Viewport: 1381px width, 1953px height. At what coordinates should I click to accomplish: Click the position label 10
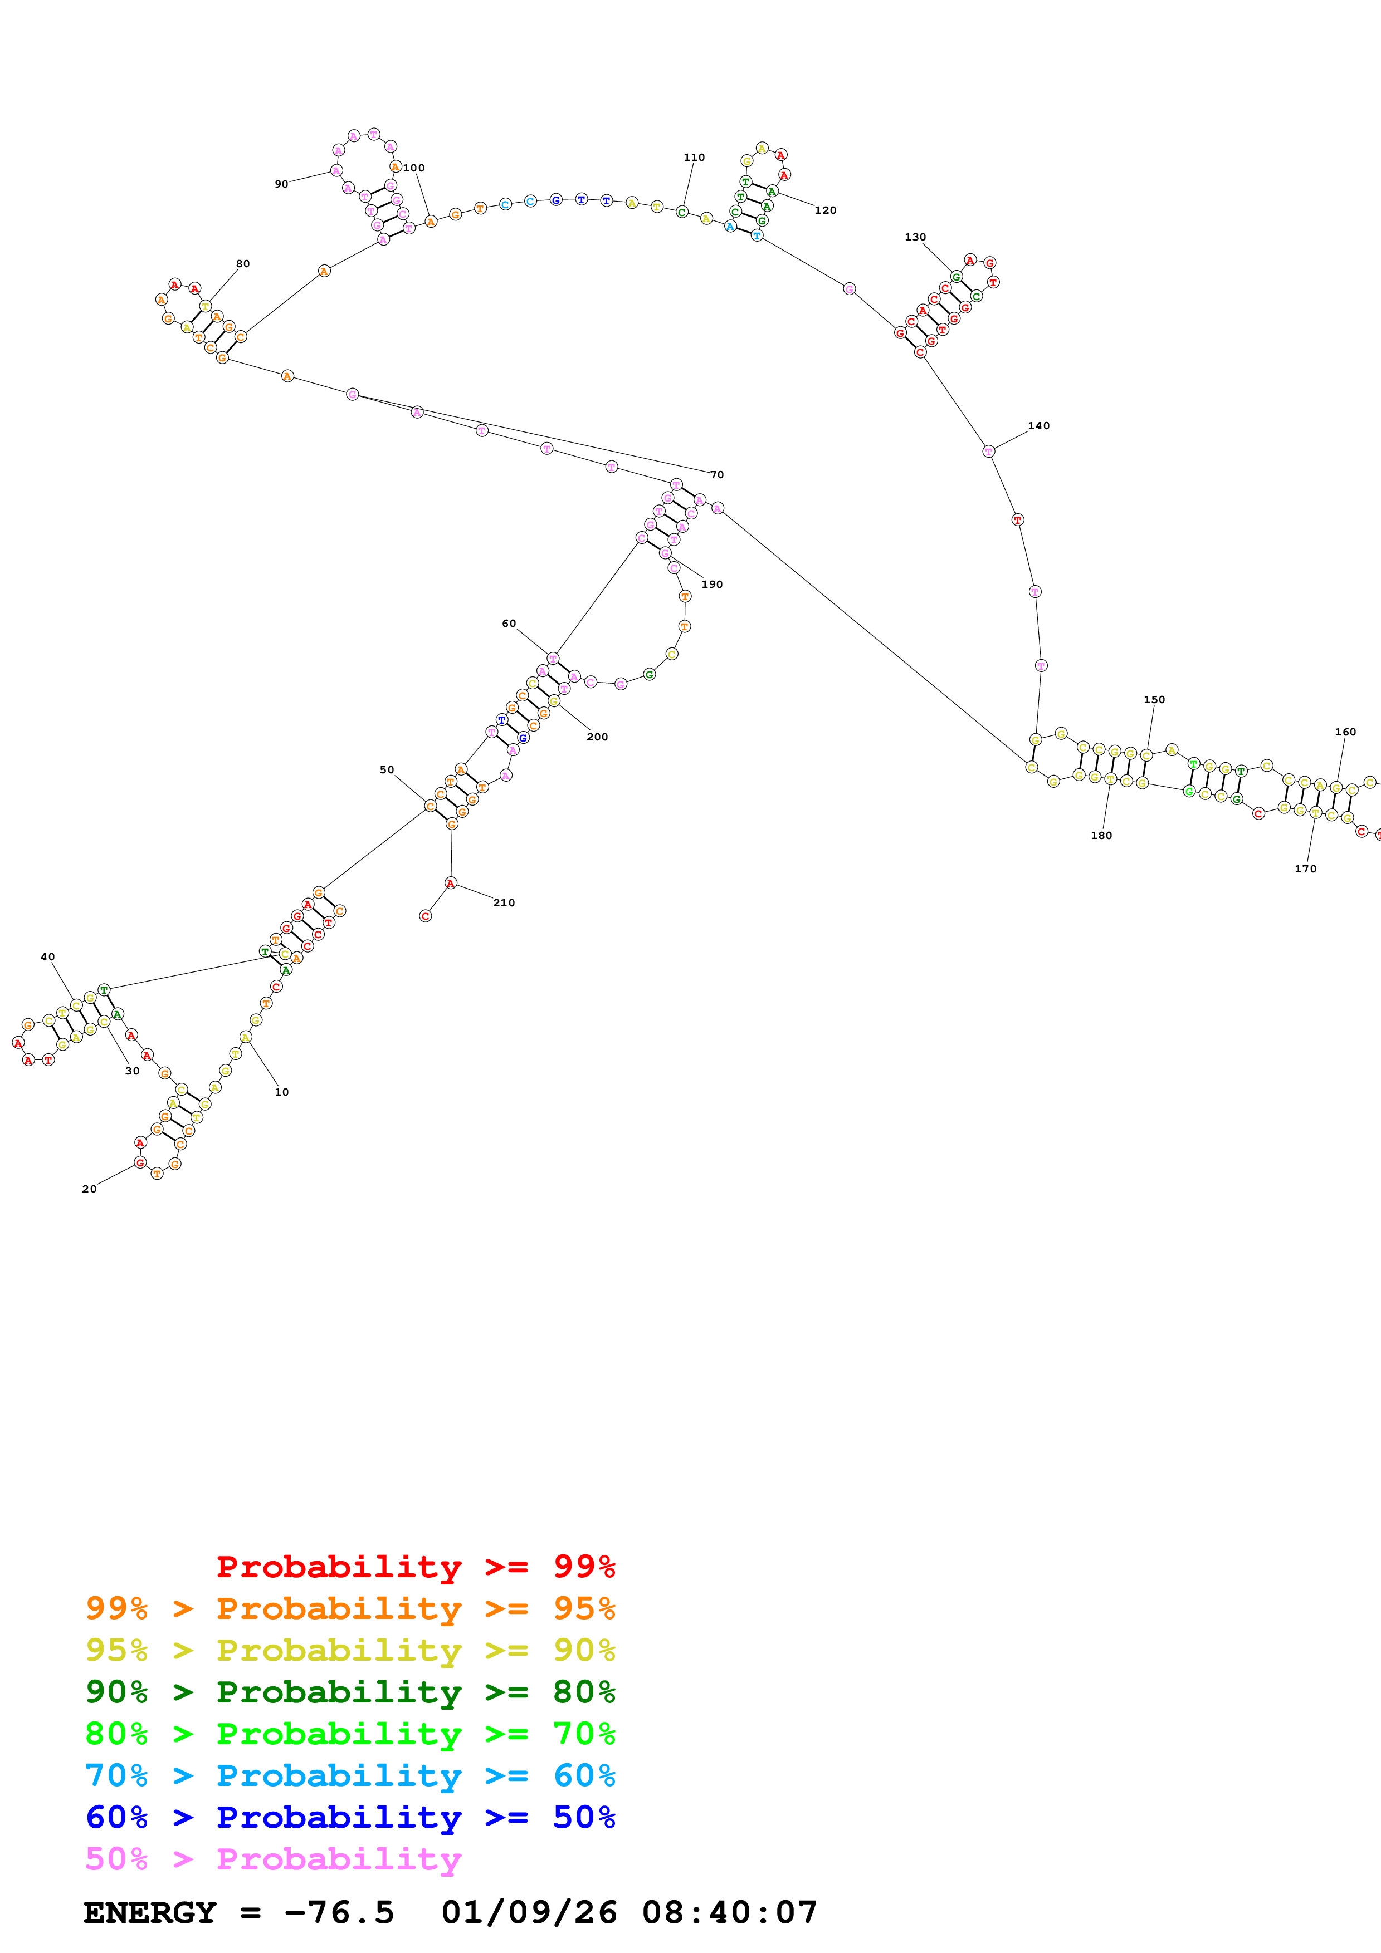point(282,1092)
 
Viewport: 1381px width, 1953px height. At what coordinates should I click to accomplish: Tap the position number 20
point(89,1189)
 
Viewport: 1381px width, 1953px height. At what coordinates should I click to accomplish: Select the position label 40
point(48,957)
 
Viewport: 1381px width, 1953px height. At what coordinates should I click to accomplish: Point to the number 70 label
point(718,475)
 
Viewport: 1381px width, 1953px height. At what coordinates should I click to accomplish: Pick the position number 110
point(694,158)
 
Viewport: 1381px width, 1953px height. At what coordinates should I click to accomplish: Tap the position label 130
point(916,237)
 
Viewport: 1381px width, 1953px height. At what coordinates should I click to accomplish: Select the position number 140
point(1039,426)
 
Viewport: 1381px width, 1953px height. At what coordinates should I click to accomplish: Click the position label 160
point(1345,732)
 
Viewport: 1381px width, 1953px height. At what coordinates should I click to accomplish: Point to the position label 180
point(1101,835)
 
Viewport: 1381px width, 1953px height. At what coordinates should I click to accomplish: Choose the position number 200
point(597,737)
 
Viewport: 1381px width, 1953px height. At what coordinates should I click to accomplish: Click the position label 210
point(504,902)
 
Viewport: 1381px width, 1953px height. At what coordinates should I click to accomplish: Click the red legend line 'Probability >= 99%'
point(415,1567)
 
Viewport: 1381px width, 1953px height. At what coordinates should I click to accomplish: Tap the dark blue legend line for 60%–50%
point(350,1817)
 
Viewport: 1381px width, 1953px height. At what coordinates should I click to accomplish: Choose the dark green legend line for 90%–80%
point(350,1692)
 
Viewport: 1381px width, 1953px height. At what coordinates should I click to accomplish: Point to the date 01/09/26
point(529,1913)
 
